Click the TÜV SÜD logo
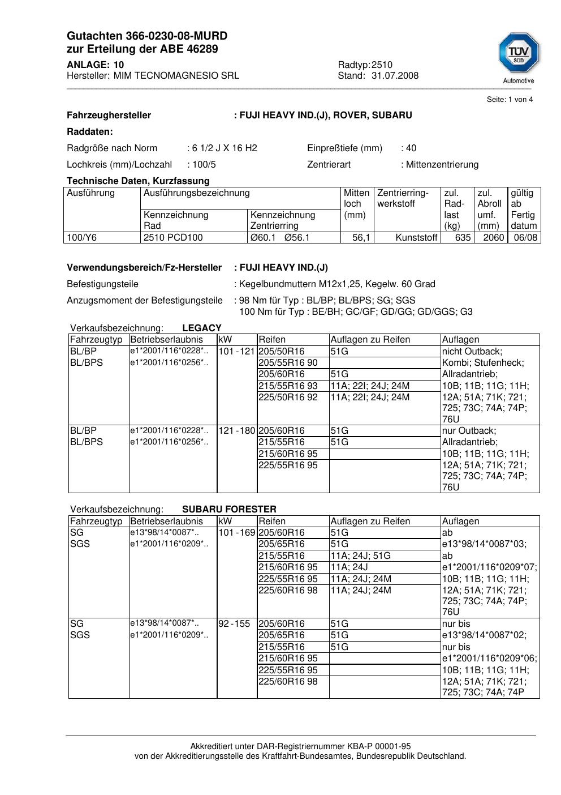(519, 54)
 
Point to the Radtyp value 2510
(382, 65)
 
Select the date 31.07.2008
(395, 75)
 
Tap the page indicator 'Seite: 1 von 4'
(510, 100)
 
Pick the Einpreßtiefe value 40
(411, 148)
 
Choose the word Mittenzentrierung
(442, 164)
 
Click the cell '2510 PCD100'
(173, 237)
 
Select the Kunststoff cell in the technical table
(417, 237)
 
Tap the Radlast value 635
(463, 237)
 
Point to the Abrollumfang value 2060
(493, 237)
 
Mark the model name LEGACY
(202, 328)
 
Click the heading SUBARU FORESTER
(229, 509)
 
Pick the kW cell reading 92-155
(234, 623)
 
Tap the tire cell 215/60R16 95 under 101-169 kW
(288, 567)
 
